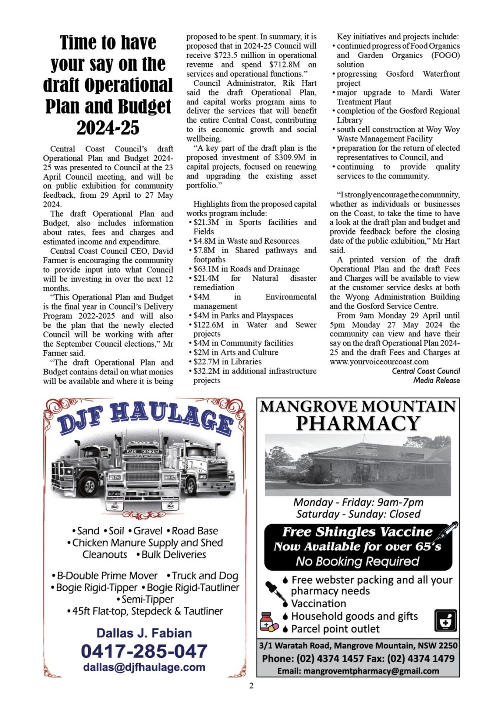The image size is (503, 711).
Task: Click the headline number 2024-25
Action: (108, 128)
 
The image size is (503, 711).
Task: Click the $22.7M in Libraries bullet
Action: (227, 362)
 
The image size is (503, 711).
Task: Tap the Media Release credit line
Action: (436, 380)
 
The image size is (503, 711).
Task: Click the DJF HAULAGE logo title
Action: (145, 418)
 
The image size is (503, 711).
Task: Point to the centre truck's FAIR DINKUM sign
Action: (143, 452)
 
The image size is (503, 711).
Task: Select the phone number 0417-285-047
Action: (144, 651)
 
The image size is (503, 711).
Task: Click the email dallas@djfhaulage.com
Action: (144, 667)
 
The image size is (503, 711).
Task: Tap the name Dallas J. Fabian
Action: (144, 633)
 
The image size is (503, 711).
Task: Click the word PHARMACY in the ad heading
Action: (358, 423)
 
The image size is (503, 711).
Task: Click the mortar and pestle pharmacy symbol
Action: (445, 621)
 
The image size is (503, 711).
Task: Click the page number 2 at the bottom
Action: (251, 686)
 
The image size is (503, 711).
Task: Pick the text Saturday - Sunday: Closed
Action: (358, 514)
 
